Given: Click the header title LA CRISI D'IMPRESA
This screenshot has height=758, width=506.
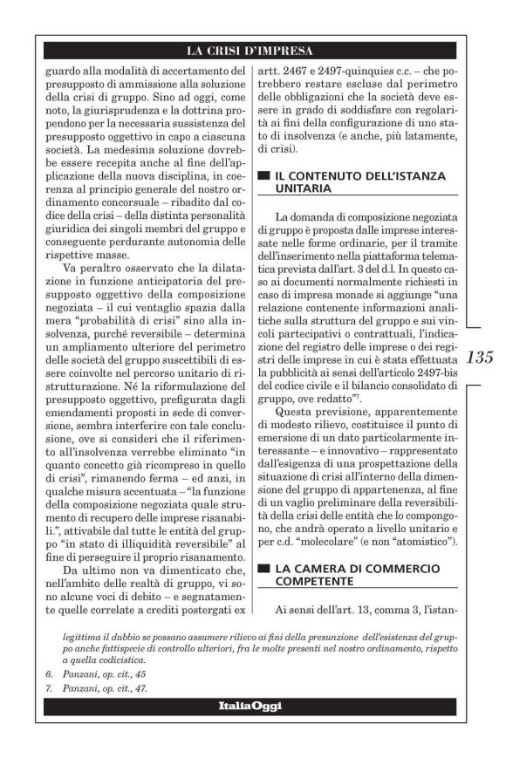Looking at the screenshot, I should click(252, 50).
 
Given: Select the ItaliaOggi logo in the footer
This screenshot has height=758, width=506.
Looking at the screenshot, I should click(252, 705).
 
